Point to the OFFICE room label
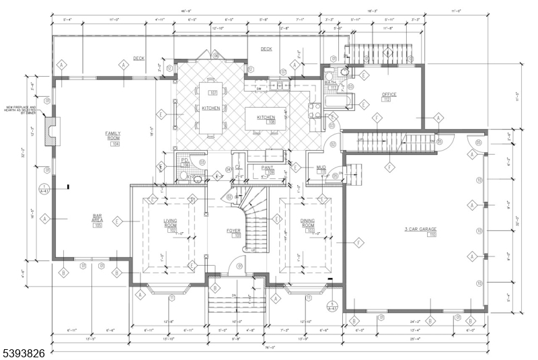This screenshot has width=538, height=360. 389,94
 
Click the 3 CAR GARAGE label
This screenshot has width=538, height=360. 420,229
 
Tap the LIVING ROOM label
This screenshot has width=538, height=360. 170,223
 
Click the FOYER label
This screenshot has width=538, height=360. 233,231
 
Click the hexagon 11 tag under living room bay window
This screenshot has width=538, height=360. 172,298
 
